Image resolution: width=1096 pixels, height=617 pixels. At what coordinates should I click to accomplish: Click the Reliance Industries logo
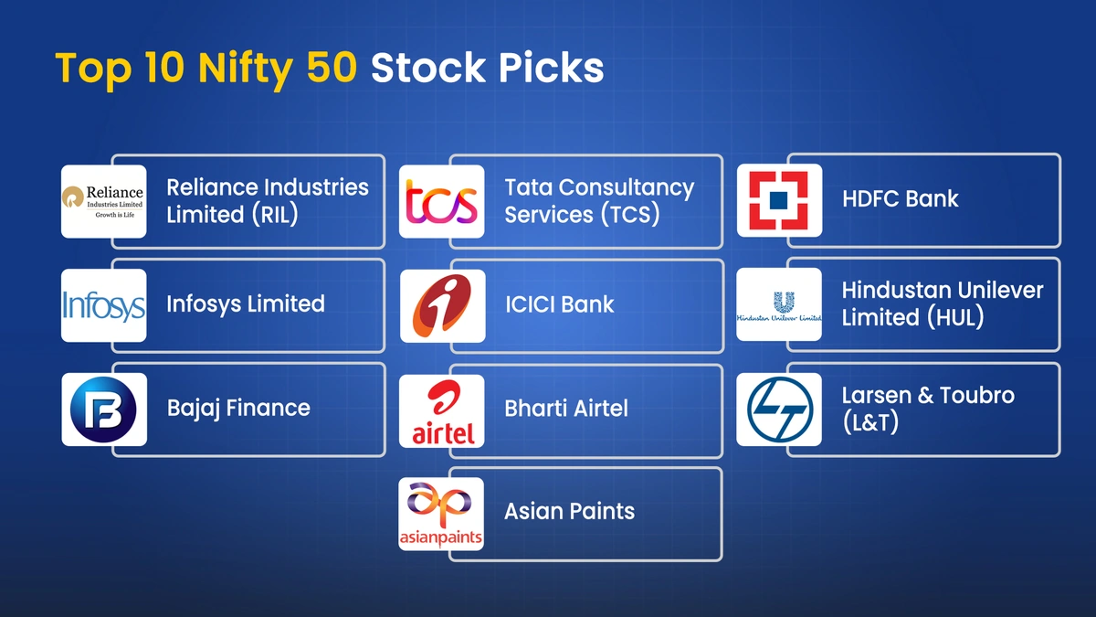click(103, 201)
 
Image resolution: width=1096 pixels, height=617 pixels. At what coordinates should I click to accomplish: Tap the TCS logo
click(442, 202)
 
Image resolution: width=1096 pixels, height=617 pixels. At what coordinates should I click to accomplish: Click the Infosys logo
click(103, 305)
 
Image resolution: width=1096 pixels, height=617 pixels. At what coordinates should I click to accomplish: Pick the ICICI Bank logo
click(442, 305)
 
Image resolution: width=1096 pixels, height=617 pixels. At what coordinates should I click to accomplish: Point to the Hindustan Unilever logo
click(779, 305)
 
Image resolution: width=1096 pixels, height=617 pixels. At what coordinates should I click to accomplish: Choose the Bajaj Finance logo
click(103, 409)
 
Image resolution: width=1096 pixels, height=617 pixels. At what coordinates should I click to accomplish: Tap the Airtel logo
click(442, 410)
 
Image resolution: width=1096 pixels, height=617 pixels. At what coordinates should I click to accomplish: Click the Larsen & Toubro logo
click(779, 409)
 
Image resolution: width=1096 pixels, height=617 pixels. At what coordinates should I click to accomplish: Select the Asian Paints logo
click(441, 514)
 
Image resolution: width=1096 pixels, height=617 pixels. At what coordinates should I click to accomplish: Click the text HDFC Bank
click(900, 198)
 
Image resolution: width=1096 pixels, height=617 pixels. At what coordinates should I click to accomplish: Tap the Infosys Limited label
click(245, 303)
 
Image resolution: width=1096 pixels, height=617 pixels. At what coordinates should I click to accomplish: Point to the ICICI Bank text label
click(559, 304)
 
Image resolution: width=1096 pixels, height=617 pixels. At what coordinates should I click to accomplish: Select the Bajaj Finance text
click(238, 408)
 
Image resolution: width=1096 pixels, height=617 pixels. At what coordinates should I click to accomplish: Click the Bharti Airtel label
click(565, 408)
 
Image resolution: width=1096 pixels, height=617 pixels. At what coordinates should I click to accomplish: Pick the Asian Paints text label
click(569, 511)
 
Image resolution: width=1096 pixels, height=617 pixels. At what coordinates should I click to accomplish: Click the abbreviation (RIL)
click(273, 215)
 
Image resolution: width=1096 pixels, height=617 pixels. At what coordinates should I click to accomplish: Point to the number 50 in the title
click(330, 69)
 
